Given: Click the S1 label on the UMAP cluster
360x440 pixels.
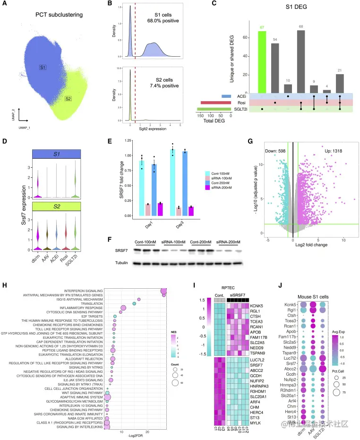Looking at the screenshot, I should click(43, 68).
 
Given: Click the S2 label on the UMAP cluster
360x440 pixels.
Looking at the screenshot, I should click(69, 99).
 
